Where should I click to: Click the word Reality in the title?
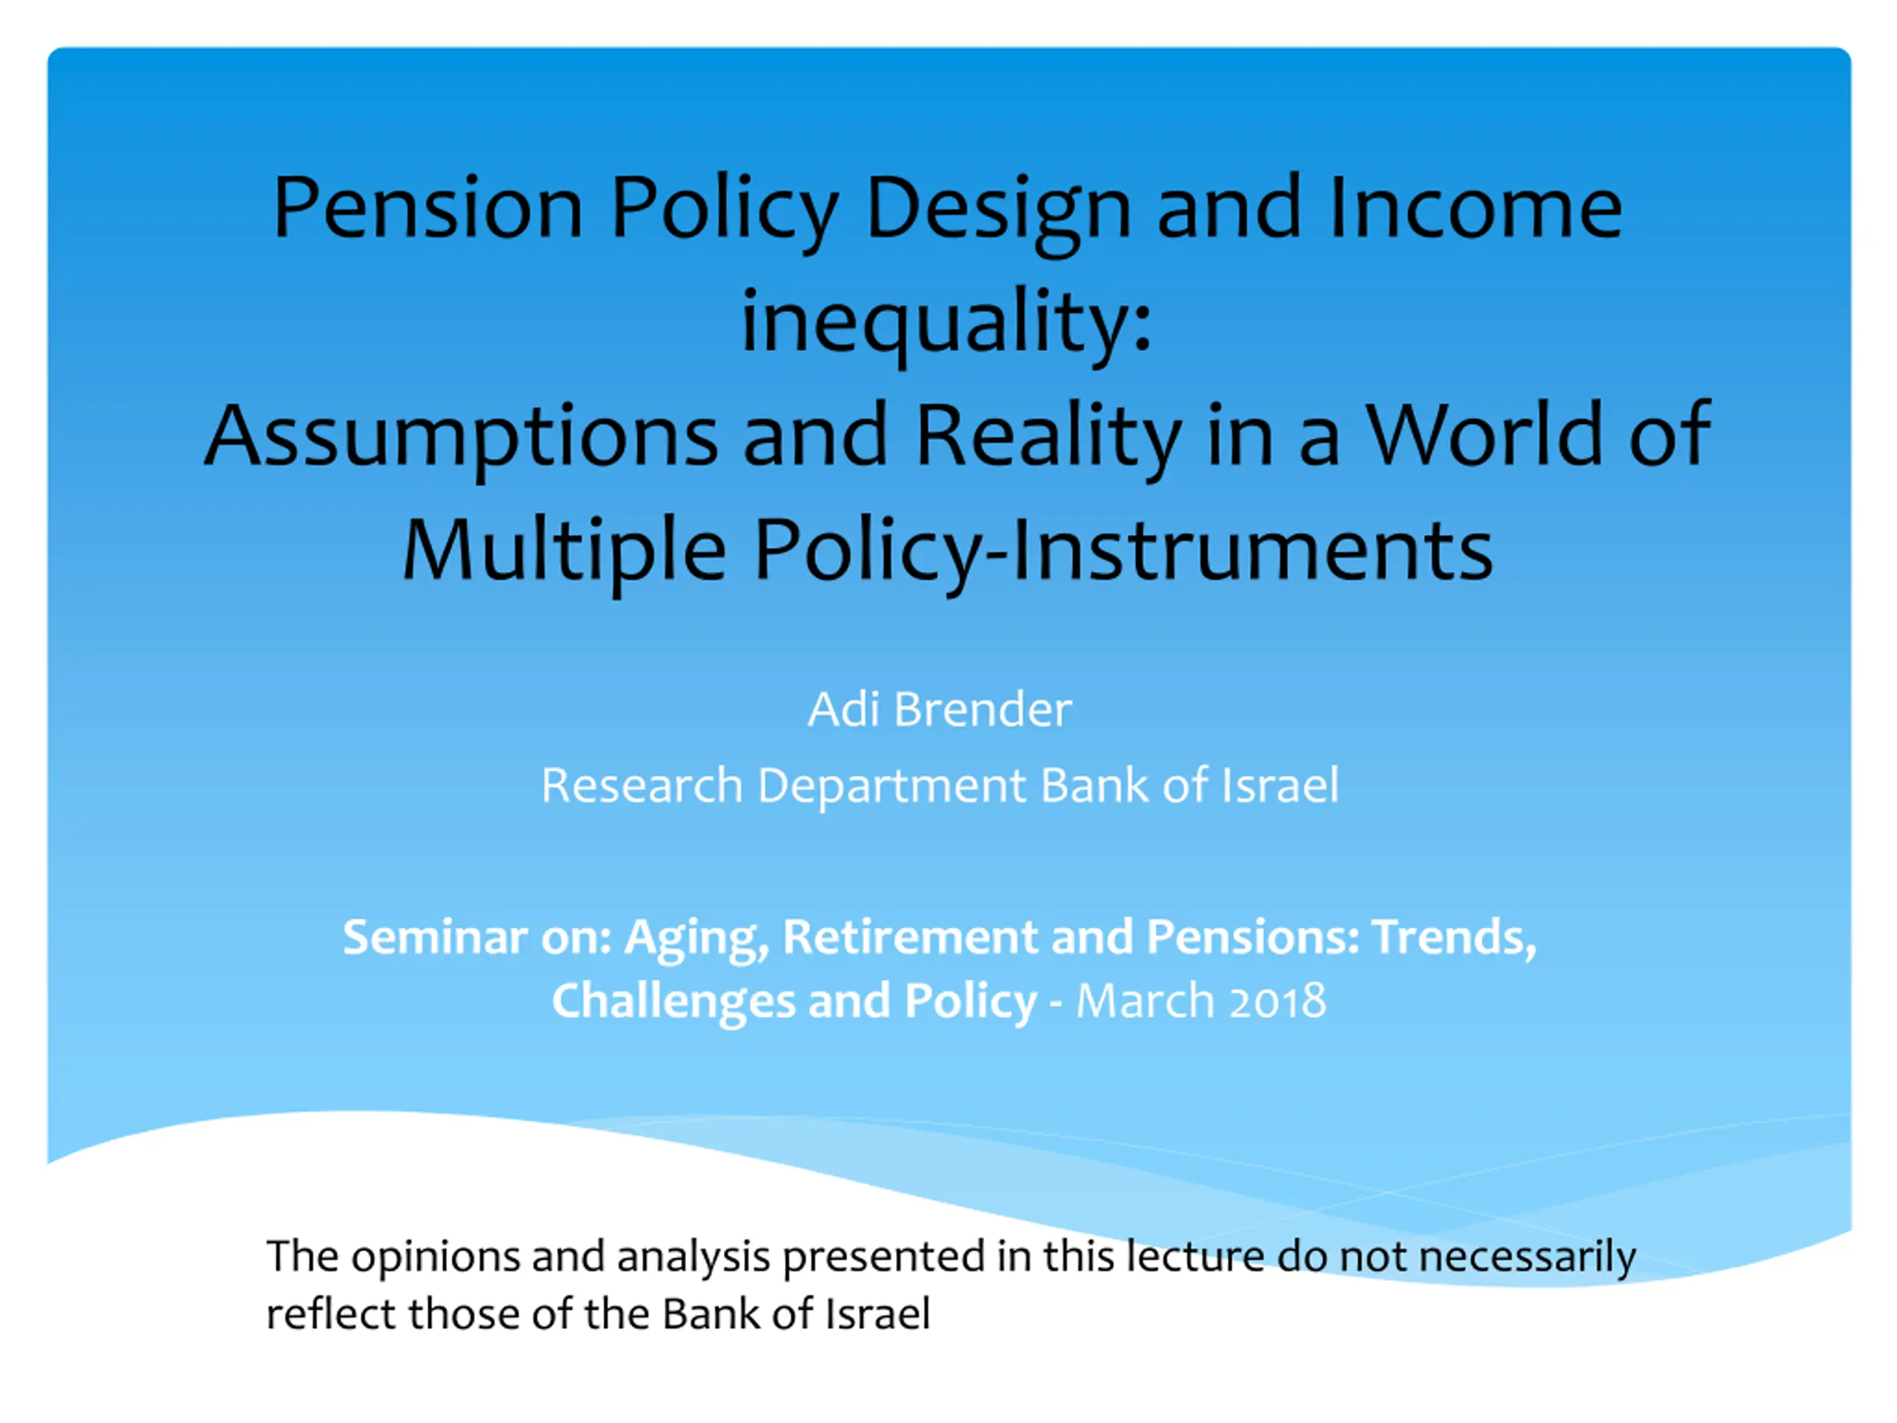click(x=1049, y=437)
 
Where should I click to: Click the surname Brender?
click(x=982, y=709)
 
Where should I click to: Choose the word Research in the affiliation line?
click(x=642, y=785)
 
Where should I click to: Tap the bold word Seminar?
click(x=435, y=936)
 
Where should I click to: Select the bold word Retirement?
click(x=910, y=936)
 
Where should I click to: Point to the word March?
click(x=1145, y=1000)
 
